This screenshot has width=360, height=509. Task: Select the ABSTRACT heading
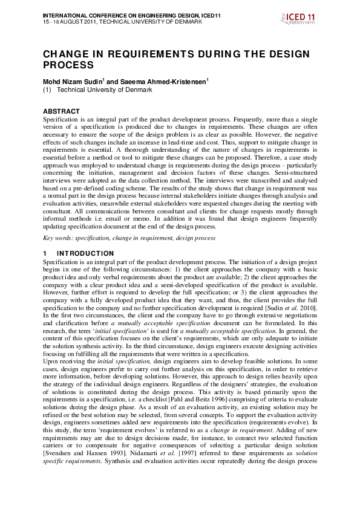point(61,111)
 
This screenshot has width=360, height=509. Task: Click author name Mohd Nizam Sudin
point(76,82)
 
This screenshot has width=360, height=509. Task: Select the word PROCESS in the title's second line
point(68,65)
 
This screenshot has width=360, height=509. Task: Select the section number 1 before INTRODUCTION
point(45,253)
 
